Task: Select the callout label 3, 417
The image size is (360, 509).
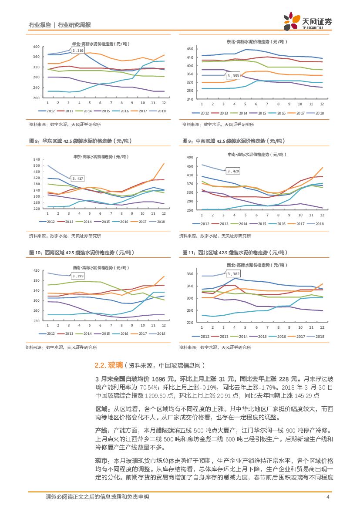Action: [x=78, y=179]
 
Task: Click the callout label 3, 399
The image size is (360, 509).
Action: [x=78, y=276]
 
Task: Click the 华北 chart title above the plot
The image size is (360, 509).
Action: [x=100, y=44]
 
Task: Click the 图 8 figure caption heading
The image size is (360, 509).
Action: [x=80, y=141]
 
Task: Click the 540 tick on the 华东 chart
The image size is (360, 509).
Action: [x=36, y=160]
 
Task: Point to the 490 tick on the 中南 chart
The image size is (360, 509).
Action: [x=190, y=157]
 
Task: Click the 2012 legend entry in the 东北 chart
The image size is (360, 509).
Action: [x=202, y=113]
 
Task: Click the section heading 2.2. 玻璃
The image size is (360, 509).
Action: [x=107, y=365]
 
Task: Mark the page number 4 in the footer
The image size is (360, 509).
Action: [x=328, y=497]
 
